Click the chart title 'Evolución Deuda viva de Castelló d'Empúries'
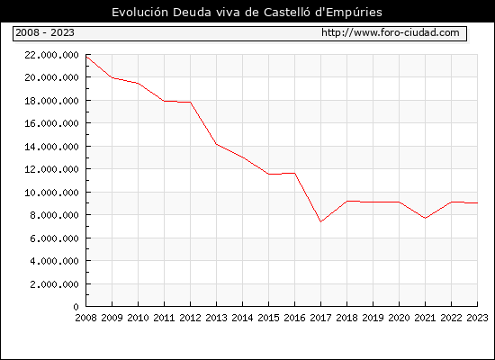[247, 13]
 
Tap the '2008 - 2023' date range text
[45, 32]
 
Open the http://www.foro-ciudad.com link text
[391, 32]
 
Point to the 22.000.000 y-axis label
[52, 55]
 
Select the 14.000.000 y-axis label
[52, 147]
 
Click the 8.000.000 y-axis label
[54, 215]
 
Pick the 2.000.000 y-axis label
[54, 284]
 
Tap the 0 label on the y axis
[76, 307]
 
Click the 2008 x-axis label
[85, 318]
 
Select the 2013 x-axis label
[216, 318]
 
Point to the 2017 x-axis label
[320, 318]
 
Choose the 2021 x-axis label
[425, 318]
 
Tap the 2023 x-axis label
[477, 318]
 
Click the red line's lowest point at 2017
[320, 221]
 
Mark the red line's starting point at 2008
[86, 56]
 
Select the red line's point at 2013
[216, 144]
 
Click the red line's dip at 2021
[425, 218]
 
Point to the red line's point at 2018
[346, 201]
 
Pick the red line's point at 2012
[191, 102]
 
